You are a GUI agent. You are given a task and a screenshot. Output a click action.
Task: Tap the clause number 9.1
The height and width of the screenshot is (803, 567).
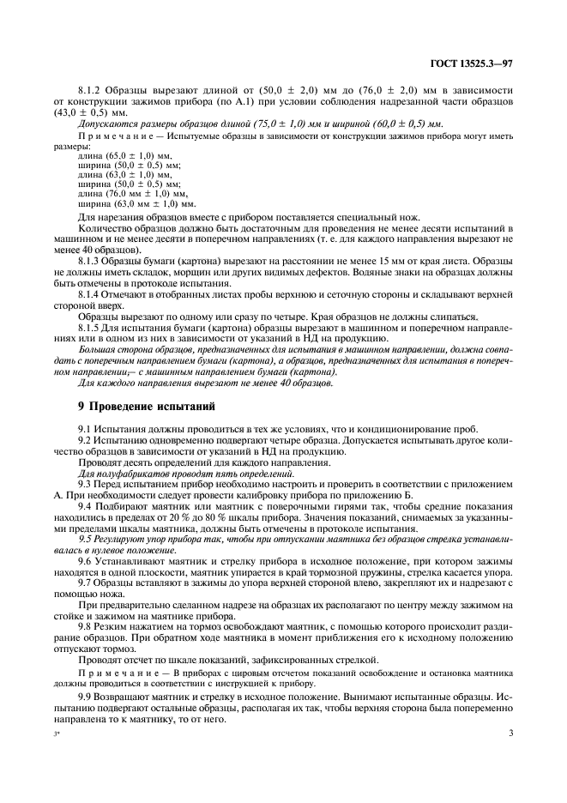click(x=86, y=428)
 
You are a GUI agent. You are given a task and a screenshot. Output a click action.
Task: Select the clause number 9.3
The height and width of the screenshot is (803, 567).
click(x=86, y=486)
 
